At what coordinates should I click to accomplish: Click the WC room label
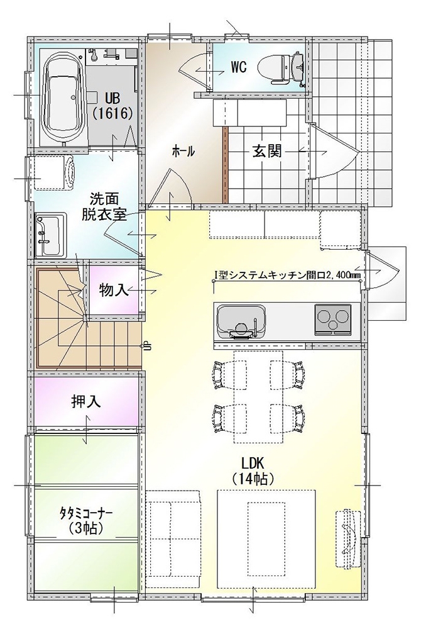click(x=238, y=68)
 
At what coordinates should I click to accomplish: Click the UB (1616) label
click(x=112, y=106)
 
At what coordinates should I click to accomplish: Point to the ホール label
click(x=183, y=151)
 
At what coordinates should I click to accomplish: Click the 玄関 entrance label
click(x=267, y=151)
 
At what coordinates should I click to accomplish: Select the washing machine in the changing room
click(x=55, y=172)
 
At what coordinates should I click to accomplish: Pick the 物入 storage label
click(x=114, y=289)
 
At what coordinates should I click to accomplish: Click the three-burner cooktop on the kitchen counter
click(x=332, y=320)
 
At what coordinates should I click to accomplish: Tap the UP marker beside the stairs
click(x=146, y=345)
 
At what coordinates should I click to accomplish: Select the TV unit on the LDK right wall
click(x=347, y=539)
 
